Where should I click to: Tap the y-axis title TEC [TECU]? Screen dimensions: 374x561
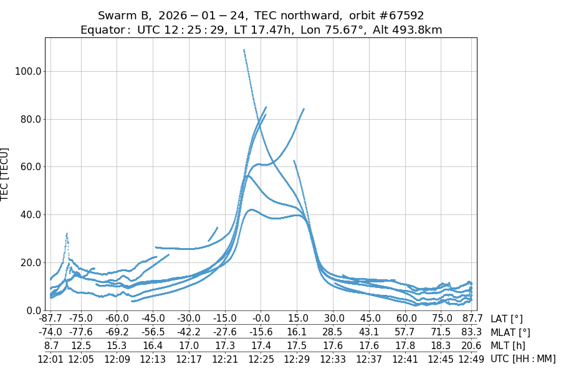click(x=5, y=175)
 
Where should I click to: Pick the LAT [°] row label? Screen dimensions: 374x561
click(x=506, y=319)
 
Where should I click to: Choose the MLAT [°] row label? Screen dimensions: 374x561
click(x=511, y=332)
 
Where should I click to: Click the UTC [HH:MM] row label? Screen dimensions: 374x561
click(x=522, y=359)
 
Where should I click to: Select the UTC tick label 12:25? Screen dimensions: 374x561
click(x=261, y=359)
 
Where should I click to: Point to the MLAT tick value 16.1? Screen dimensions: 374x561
click(x=297, y=332)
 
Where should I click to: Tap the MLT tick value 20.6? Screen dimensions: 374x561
click(x=471, y=346)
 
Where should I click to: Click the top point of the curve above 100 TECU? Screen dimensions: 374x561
click(x=244, y=50)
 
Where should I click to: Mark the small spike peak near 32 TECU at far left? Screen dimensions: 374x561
click(x=67, y=233)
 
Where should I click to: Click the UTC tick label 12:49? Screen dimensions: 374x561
click(x=471, y=359)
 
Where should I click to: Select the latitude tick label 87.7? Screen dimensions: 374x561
click(x=471, y=319)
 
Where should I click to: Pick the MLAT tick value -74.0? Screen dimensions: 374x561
click(x=50, y=332)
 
